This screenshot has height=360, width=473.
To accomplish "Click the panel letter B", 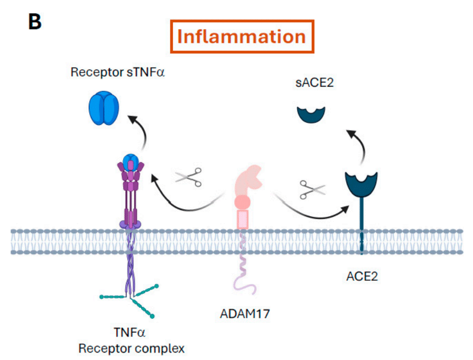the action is (35, 22).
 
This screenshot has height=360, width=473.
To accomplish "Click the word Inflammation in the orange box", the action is (242, 36).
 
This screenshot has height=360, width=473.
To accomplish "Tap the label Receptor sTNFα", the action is (117, 72).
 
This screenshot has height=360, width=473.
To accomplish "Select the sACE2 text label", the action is (314, 82).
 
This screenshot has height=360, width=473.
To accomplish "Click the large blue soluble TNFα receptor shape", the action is (104, 108).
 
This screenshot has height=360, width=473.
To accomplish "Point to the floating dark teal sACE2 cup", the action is (311, 115).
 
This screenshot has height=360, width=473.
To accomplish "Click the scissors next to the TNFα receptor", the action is (189, 177).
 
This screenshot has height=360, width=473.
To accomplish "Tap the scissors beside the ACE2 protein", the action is (312, 189).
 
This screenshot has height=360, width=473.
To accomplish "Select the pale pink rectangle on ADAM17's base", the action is (243, 219).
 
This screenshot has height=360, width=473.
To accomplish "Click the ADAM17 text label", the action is (245, 313).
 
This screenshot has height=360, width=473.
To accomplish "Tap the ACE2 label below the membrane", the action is (361, 276).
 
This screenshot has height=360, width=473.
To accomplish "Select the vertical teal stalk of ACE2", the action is (361, 225).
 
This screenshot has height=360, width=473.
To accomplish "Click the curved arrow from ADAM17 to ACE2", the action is (311, 213).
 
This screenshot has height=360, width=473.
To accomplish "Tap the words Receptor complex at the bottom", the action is (131, 348).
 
